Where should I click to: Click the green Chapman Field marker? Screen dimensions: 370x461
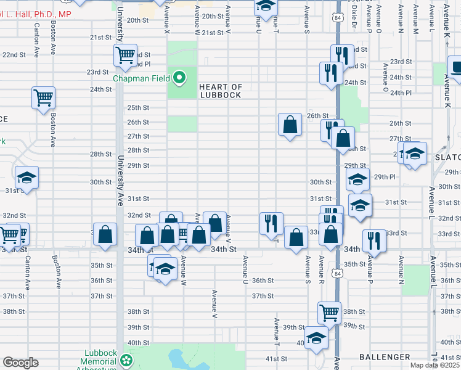(x=179, y=78)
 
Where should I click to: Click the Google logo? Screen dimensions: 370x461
(x=20, y=363)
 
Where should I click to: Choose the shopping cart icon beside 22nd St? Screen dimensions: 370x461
(x=125, y=55)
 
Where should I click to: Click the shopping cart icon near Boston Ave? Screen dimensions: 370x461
(x=44, y=97)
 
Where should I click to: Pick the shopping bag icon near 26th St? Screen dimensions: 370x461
(x=290, y=125)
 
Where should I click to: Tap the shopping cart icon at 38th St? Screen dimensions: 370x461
(x=328, y=312)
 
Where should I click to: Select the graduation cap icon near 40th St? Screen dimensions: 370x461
(x=316, y=339)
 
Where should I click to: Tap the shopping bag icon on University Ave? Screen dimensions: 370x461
(x=105, y=234)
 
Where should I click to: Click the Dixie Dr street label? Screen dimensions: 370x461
(x=355, y=15)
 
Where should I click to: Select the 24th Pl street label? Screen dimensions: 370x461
(x=404, y=92)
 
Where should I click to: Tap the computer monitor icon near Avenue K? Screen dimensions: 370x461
(x=456, y=68)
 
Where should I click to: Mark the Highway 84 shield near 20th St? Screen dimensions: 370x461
(x=338, y=17)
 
